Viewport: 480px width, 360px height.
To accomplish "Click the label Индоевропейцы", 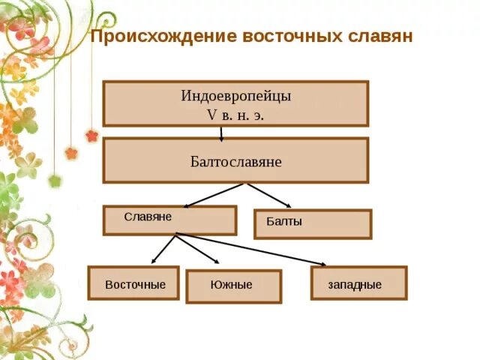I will pyautogui.click(x=235, y=97).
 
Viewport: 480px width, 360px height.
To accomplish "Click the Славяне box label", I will pyautogui.click(x=148, y=217).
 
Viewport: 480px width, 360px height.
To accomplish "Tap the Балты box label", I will pyautogui.click(x=284, y=222).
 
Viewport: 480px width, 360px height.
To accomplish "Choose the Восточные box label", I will pyautogui.click(x=135, y=286).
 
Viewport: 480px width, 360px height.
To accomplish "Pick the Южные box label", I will pyautogui.click(x=231, y=286).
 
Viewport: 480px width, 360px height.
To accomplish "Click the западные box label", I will pyautogui.click(x=355, y=286).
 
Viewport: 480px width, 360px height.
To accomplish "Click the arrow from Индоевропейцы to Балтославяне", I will pyautogui.click(x=222, y=133).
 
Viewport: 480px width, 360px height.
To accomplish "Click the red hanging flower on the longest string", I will pyautogui.click(x=91, y=136).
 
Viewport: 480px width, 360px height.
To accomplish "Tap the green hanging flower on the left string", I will pyautogui.click(x=54, y=181).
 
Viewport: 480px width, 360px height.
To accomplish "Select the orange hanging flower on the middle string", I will pyautogui.click(x=71, y=153).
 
